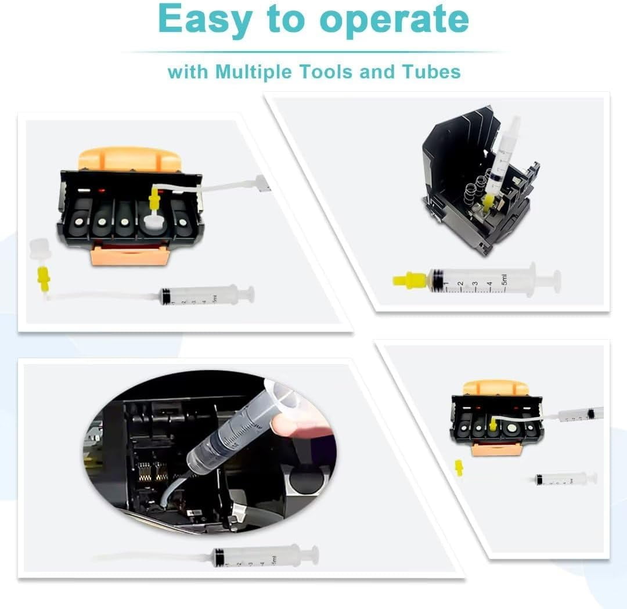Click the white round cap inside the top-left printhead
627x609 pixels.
tap(153, 222)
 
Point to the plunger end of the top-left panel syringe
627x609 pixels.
tap(248, 295)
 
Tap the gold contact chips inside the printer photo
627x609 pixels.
tap(153, 473)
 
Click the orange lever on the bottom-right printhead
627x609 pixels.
tap(496, 387)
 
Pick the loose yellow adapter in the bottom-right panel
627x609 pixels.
tap(459, 467)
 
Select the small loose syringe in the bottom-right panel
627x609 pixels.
tap(566, 479)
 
